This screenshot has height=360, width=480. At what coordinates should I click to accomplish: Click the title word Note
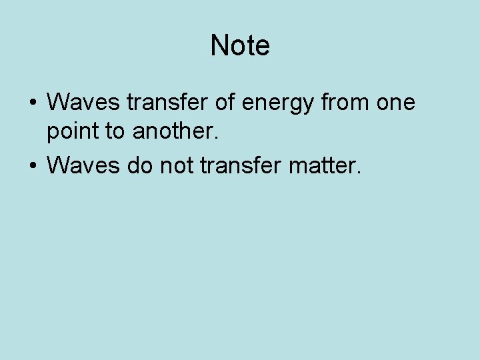click(x=240, y=46)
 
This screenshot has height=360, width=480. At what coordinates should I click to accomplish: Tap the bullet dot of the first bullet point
click(x=33, y=104)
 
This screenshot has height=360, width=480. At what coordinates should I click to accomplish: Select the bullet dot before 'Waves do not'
click(x=33, y=164)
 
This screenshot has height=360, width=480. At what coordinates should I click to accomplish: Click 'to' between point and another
click(x=117, y=132)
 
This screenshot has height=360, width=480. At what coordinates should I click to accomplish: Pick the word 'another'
click(x=173, y=131)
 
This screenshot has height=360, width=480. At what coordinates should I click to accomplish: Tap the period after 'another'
click(x=216, y=139)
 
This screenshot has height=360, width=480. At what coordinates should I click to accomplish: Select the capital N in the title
click(x=219, y=46)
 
